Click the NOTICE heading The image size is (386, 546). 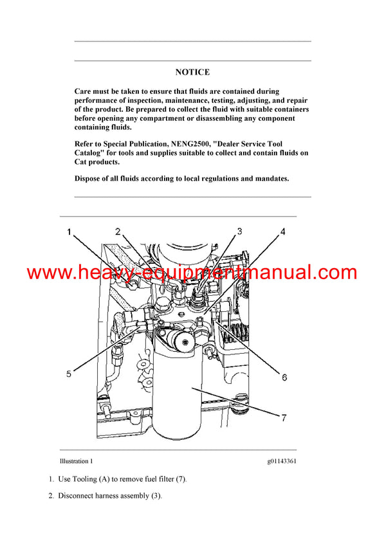point(192,73)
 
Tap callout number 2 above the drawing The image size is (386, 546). point(118,231)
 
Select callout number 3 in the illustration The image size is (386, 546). point(239,231)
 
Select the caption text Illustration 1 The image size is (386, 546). point(76,461)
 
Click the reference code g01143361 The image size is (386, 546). point(282,461)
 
